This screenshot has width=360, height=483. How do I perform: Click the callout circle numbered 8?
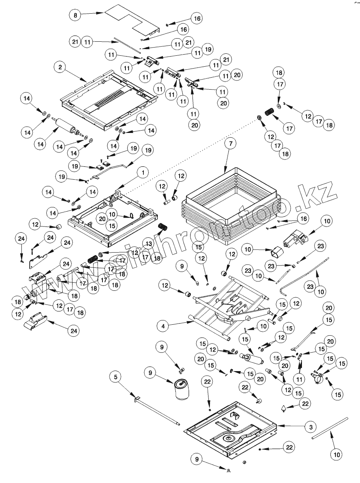75,16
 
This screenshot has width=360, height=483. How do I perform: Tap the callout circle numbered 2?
60,67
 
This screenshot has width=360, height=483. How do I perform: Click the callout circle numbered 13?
148,243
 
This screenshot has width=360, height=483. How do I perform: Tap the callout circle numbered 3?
310,427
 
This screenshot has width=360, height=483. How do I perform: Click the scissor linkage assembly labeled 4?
230,308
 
